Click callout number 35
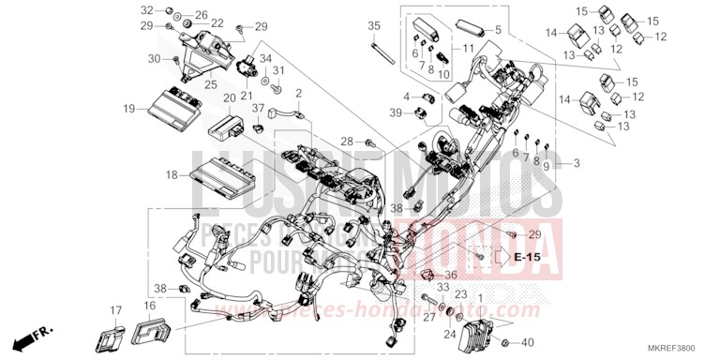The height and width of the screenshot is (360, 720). [374, 25]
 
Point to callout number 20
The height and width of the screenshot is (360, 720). [230, 98]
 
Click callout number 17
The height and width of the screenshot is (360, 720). [115, 310]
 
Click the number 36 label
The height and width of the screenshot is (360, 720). [451, 275]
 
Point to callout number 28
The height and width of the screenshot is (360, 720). [347, 142]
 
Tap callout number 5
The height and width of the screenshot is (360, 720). [497, 30]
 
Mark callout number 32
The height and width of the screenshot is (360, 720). [147, 9]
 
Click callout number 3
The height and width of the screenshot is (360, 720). [577, 164]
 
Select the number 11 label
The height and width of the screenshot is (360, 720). [469, 48]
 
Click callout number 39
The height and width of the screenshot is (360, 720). [397, 112]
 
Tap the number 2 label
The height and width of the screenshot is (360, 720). [299, 93]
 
